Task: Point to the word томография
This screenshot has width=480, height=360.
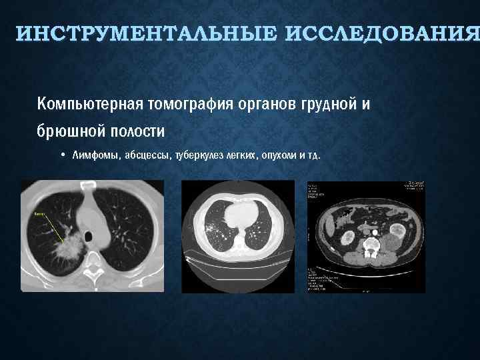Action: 186,105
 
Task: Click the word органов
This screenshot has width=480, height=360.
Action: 261,105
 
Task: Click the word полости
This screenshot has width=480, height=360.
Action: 136,130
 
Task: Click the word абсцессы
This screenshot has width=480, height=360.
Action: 146,155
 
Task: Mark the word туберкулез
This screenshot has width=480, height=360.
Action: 198,155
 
